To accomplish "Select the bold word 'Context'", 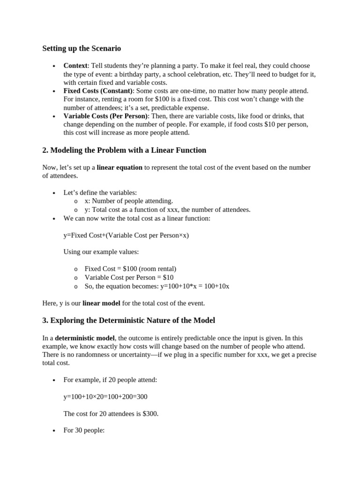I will pos(75,66).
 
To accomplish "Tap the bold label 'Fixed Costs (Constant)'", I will pos(98,90).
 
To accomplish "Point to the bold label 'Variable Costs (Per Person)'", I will pos(105,116).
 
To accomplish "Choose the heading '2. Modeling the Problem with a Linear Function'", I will pos(124,150).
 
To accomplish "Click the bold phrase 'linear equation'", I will pos(120,167).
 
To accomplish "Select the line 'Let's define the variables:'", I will pos(100,193).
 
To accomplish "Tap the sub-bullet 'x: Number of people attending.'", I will pos(128,201).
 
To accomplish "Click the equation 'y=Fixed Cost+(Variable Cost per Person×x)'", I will pos(126,235).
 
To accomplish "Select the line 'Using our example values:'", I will pos(101,252).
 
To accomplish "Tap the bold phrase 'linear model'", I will pos(101,303).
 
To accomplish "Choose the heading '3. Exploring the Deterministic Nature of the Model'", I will pos(129,321).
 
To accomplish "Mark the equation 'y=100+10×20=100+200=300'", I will pos(105,397).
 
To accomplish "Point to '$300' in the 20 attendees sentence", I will pos(150,414).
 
